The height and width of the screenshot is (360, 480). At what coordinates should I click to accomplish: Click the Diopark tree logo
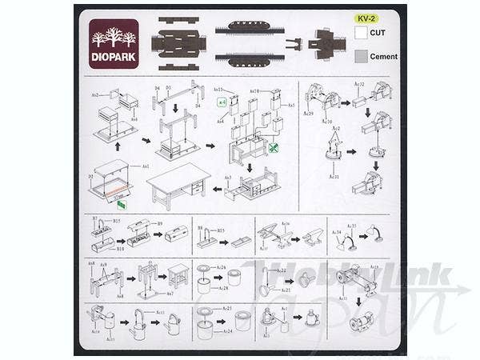(114, 39)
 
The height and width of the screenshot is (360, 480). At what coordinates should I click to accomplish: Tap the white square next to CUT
(361, 33)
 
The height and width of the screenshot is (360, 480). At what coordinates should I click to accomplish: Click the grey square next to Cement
(361, 56)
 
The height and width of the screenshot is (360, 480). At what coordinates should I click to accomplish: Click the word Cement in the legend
(384, 57)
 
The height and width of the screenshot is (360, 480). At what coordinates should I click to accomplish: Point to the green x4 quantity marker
(222, 102)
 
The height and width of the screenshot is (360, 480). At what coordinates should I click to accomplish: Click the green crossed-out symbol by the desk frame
(274, 148)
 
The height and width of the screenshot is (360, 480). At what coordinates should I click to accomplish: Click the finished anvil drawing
(308, 237)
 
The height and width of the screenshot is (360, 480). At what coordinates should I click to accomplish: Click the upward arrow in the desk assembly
(118, 148)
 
